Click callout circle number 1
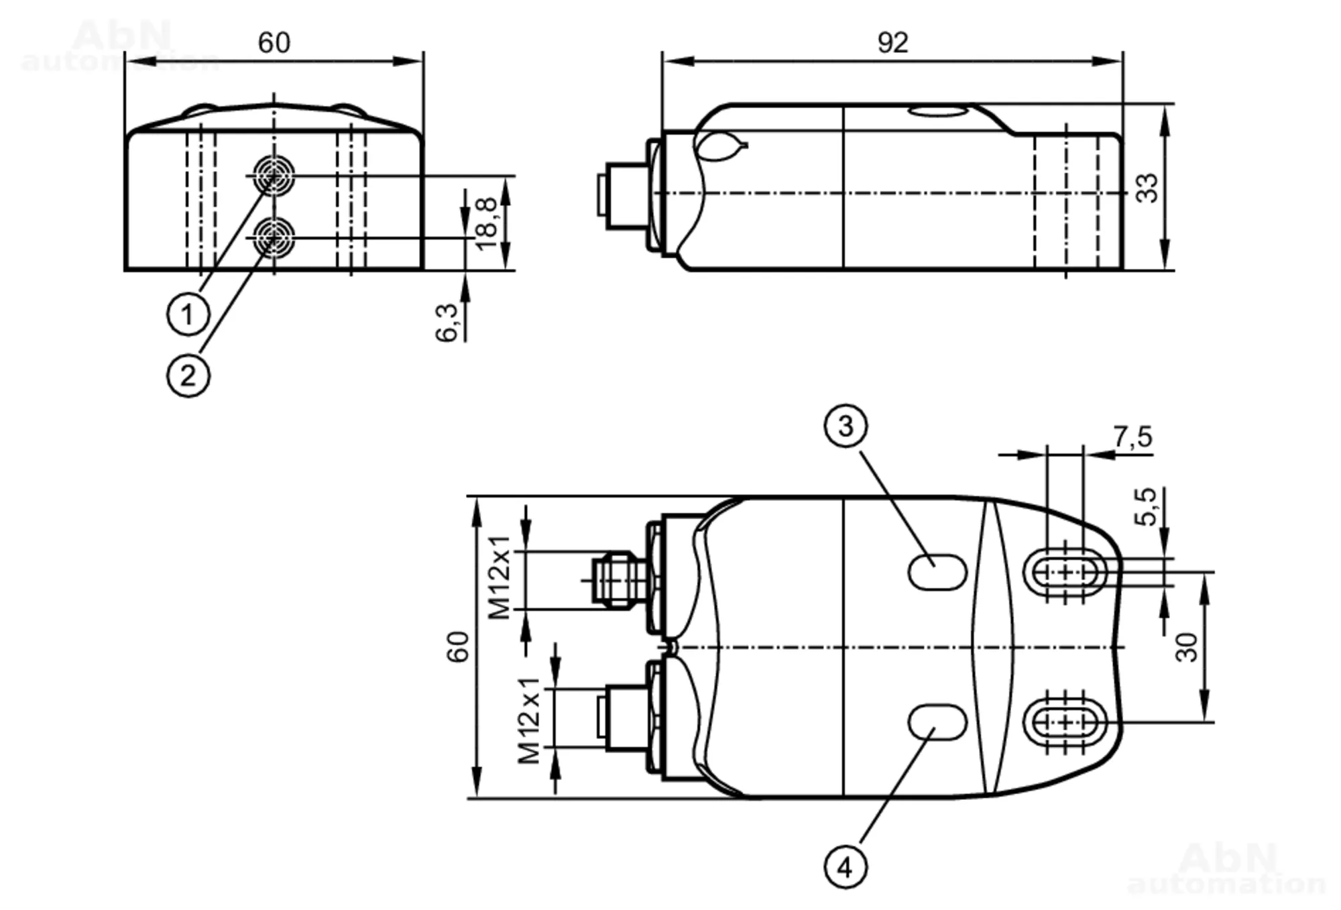point(188,313)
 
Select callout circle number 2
point(188,375)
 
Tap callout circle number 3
point(846,426)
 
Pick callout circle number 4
point(846,868)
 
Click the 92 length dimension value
point(892,43)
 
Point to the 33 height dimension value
point(1147,188)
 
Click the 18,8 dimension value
point(485,224)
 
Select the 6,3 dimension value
point(447,323)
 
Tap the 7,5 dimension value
point(1133,437)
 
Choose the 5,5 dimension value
point(1145,506)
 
